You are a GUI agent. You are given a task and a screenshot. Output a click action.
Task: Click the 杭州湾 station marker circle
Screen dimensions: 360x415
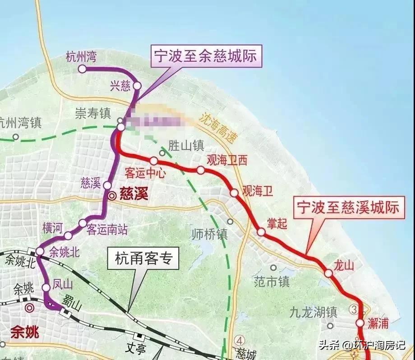click(x=82, y=69)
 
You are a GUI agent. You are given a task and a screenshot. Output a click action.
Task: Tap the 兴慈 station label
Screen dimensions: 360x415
click(x=120, y=86)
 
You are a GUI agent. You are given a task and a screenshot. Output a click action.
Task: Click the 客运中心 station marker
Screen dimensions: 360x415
click(x=154, y=161)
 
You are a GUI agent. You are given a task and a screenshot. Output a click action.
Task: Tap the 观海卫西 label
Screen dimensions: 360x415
click(x=227, y=160)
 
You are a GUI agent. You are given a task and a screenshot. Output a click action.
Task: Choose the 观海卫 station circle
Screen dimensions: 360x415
click(x=234, y=193)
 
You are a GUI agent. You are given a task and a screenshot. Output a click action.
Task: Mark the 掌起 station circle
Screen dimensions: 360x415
click(x=261, y=232)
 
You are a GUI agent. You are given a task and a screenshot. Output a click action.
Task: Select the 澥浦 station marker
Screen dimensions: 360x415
click(x=360, y=323)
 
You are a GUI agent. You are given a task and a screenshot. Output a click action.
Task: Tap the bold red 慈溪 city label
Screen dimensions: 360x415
click(x=134, y=195)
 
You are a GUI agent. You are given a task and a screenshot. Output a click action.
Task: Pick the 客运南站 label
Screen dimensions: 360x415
click(x=107, y=230)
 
